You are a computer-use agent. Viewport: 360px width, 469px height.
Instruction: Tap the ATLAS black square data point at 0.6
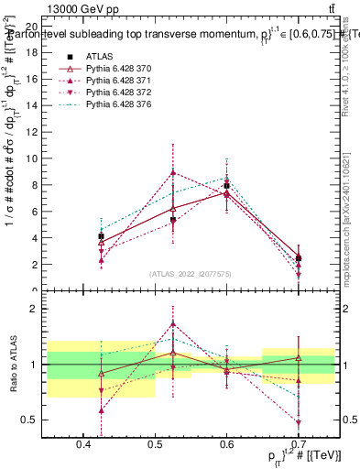[x=226, y=186]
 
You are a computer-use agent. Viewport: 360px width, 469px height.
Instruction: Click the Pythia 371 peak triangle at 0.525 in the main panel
[x=173, y=172]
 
